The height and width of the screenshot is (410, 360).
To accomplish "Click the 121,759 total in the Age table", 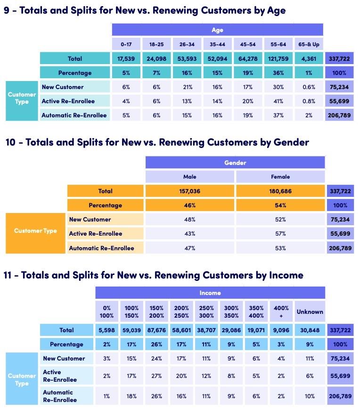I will tap(278, 59).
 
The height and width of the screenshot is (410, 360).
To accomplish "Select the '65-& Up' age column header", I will tap(309, 44).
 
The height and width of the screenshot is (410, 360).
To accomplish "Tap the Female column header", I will tap(280, 177).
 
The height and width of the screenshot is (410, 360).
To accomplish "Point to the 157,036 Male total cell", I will tap(189, 191).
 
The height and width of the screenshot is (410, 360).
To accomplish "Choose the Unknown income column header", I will tap(310, 312).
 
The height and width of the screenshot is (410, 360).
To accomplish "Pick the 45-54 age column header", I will tap(248, 44).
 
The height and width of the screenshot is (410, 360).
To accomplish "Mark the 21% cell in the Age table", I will tap(187, 87).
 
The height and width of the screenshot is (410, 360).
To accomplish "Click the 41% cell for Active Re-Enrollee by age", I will tap(278, 101).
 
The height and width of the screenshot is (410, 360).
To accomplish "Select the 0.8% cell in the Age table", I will tap(309, 101).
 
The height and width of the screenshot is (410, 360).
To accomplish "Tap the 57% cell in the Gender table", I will tap(280, 234).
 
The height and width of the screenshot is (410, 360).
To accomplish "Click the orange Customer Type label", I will tap(35, 231).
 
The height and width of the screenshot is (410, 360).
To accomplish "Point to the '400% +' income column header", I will tap(281, 312).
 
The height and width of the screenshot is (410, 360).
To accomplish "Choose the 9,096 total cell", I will tap(281, 330).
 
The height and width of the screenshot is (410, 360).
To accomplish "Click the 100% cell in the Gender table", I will tap(340, 205).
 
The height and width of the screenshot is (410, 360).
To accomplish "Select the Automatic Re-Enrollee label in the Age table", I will tap(74, 115).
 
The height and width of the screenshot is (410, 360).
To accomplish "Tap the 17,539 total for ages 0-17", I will tap(126, 59).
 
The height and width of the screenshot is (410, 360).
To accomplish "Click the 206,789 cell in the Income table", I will tap(340, 396).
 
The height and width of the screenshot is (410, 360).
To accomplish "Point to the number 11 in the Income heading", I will tap(9, 275).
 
